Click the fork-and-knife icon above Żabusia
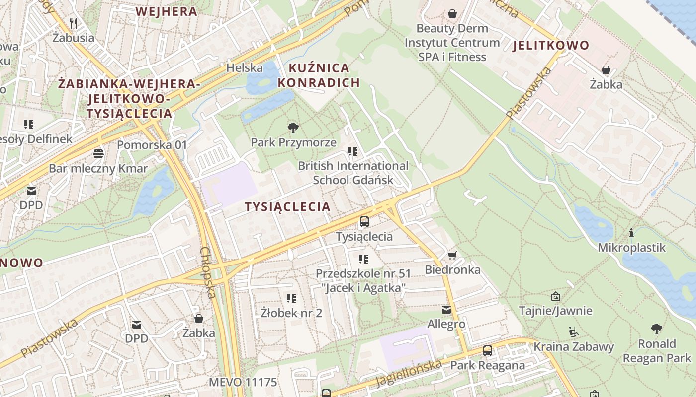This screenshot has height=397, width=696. (x=74, y=23)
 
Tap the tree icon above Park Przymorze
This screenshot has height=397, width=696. (x=293, y=128)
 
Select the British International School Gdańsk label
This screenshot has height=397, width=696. (x=353, y=173)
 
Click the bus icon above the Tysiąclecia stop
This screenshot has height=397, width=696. (x=364, y=222)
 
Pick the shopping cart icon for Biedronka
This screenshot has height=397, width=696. (x=452, y=255)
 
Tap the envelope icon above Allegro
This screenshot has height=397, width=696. (x=446, y=310)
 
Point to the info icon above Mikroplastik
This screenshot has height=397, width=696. (x=631, y=233)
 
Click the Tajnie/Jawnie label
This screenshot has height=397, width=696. (x=555, y=311)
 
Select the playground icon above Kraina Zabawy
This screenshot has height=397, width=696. (x=573, y=331)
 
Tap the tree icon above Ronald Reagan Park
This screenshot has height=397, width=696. (x=657, y=329)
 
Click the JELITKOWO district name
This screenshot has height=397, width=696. (x=551, y=46)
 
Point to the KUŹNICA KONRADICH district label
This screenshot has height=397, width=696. (x=318, y=75)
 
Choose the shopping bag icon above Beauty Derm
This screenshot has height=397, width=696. (x=452, y=14)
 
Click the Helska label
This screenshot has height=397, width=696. (x=244, y=67)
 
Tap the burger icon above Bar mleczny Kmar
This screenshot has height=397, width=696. (x=98, y=153)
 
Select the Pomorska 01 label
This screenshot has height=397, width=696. (x=152, y=145)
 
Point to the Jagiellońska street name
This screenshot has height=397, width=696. (x=409, y=373)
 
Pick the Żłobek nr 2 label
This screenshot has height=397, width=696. (x=291, y=313)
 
